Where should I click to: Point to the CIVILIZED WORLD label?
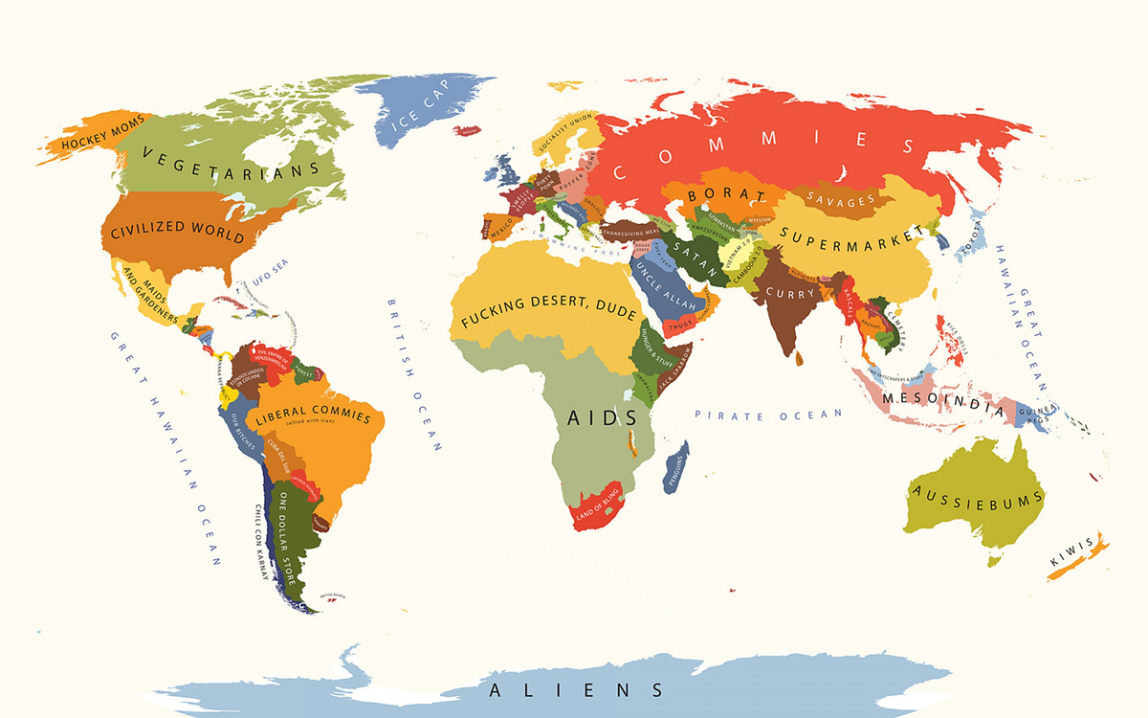(x=178, y=234)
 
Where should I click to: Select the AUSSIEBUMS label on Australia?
(x=978, y=496)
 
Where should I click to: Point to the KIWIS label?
(x=1071, y=553)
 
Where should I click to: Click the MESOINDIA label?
(x=942, y=400)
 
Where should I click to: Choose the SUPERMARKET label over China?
(x=852, y=236)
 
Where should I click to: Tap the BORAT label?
(x=728, y=195)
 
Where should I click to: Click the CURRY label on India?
(x=790, y=293)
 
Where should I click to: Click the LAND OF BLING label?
(x=597, y=505)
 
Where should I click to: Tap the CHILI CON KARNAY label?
(x=260, y=541)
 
